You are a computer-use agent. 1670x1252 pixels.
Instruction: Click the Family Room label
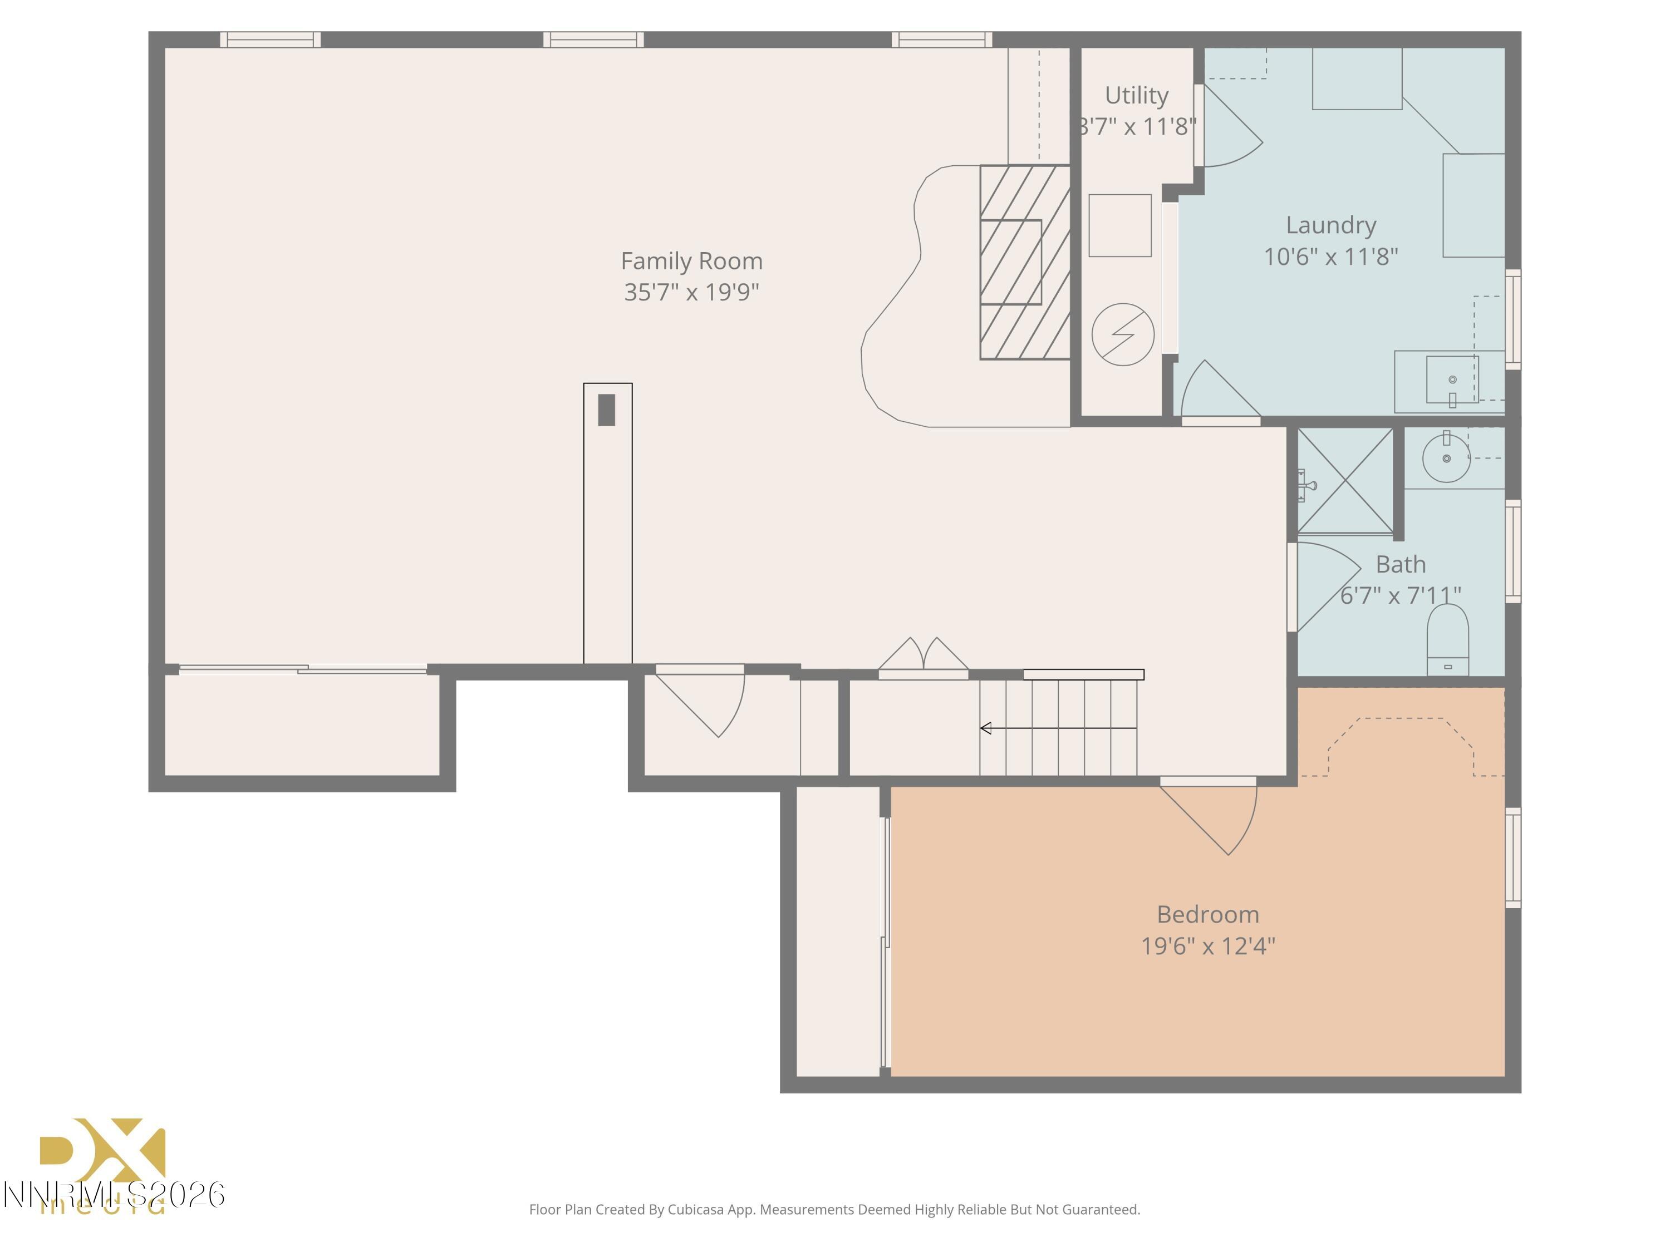(691, 261)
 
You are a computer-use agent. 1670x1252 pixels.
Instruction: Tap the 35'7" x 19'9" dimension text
(691, 292)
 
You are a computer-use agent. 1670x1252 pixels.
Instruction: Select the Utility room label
(1136, 95)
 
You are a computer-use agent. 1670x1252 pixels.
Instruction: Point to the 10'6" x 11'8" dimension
(1330, 257)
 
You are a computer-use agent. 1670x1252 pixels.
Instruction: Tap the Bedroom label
(1207, 915)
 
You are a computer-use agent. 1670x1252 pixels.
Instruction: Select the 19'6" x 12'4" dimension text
(1207, 947)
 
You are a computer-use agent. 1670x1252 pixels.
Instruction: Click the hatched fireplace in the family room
(1024, 262)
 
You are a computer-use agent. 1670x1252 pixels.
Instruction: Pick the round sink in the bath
(1445, 457)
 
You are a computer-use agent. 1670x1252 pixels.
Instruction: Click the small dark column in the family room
(606, 410)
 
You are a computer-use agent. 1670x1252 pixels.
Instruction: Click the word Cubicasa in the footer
(695, 1210)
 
